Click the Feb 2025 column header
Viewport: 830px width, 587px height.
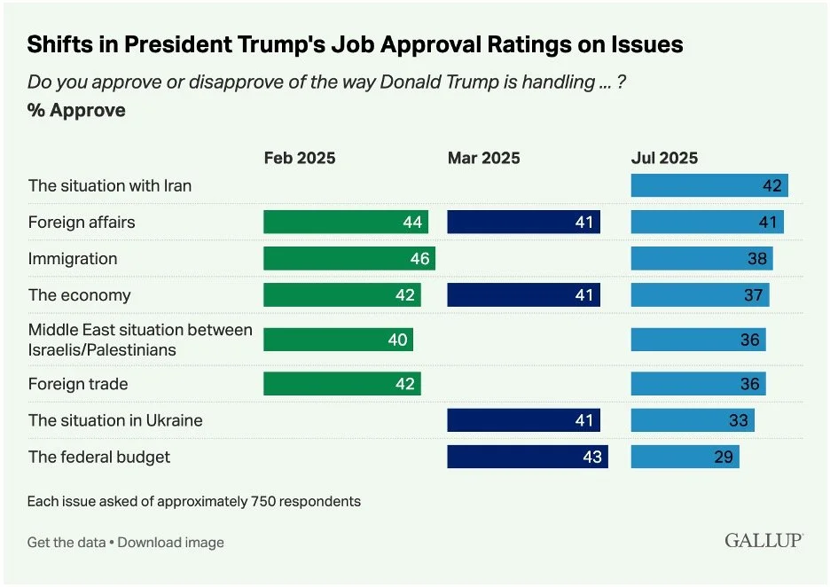pos(300,159)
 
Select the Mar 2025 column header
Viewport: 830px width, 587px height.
pos(483,159)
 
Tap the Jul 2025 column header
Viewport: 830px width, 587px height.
pos(664,159)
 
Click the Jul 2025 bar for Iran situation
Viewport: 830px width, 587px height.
pos(709,185)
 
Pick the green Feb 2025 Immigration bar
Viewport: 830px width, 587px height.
pos(349,259)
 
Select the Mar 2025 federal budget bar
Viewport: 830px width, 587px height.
pos(528,458)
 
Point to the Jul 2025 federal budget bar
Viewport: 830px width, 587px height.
pos(685,458)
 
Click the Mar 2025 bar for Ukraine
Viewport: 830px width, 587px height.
pos(523,420)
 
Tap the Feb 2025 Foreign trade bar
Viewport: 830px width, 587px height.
pos(342,384)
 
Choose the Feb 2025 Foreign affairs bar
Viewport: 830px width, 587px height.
pos(346,222)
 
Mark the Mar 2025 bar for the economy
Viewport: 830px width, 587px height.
pos(523,295)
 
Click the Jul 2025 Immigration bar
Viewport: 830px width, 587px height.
pos(701,259)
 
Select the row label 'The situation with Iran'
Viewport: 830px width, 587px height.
pos(110,185)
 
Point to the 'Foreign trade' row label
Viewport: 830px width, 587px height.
pos(78,384)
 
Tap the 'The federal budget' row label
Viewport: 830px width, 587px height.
pos(99,458)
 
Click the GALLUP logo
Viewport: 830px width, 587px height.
pos(763,540)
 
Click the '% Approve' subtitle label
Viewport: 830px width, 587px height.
pos(76,111)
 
